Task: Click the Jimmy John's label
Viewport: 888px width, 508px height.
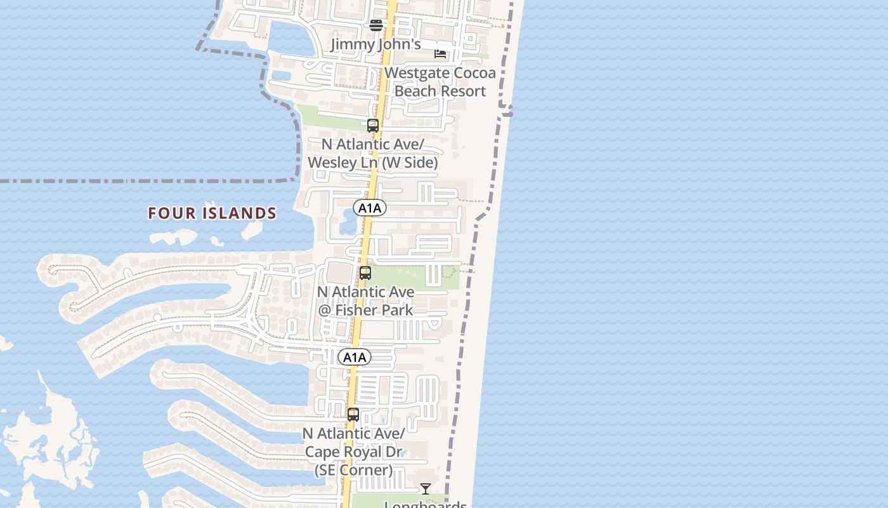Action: point(375,44)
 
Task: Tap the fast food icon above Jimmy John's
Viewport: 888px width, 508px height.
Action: point(376,25)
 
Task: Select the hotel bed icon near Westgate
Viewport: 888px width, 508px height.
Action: point(440,53)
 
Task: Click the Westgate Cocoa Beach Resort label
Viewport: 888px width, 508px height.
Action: point(440,82)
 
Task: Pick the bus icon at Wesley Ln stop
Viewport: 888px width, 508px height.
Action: point(373,126)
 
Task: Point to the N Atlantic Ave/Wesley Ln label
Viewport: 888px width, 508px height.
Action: point(372,154)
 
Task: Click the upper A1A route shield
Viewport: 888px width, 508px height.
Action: point(370,208)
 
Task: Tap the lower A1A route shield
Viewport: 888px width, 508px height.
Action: point(355,357)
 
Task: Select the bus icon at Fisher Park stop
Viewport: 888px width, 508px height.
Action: point(365,273)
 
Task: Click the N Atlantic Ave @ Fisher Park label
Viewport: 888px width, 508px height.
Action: point(366,301)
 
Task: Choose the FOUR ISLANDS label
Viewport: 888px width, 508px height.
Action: point(212,213)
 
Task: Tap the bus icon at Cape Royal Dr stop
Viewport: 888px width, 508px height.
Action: point(353,415)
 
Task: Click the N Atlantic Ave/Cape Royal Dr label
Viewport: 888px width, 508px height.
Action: point(353,451)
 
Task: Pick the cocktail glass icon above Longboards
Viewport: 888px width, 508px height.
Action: point(426,489)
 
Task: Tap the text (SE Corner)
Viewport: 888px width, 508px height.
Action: point(353,471)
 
